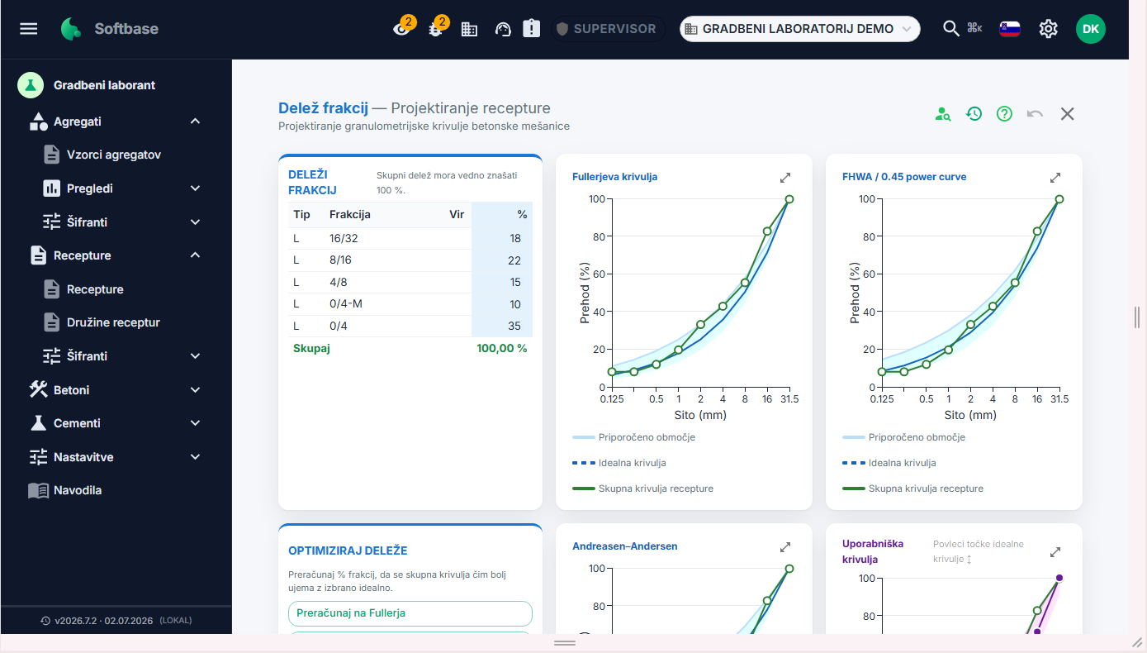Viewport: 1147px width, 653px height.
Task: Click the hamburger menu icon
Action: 29,29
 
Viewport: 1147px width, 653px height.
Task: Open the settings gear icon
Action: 1048,29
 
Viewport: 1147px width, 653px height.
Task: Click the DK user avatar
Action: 1090,29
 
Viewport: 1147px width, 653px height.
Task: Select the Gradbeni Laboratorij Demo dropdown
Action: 799,29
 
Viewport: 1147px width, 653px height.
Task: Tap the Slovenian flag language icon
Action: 1009,29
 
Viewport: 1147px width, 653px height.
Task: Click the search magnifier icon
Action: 951,29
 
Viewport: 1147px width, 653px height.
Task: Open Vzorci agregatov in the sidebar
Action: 114,155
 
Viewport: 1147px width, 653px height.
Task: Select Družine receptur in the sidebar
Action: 113,322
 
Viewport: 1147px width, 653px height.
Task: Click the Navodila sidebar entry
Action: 78,490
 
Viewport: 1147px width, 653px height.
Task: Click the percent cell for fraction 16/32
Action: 502,238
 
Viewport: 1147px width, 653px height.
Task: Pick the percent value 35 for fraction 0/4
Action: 514,326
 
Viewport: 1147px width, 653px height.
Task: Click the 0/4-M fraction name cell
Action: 346,304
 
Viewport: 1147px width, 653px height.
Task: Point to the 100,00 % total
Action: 501,349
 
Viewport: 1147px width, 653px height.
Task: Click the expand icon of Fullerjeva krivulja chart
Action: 785,178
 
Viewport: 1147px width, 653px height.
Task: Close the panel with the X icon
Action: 1067,114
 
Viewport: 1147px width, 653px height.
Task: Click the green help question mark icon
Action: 1004,114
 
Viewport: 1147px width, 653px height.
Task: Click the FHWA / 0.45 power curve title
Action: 903,177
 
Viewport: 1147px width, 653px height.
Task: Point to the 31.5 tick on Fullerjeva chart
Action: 789,399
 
